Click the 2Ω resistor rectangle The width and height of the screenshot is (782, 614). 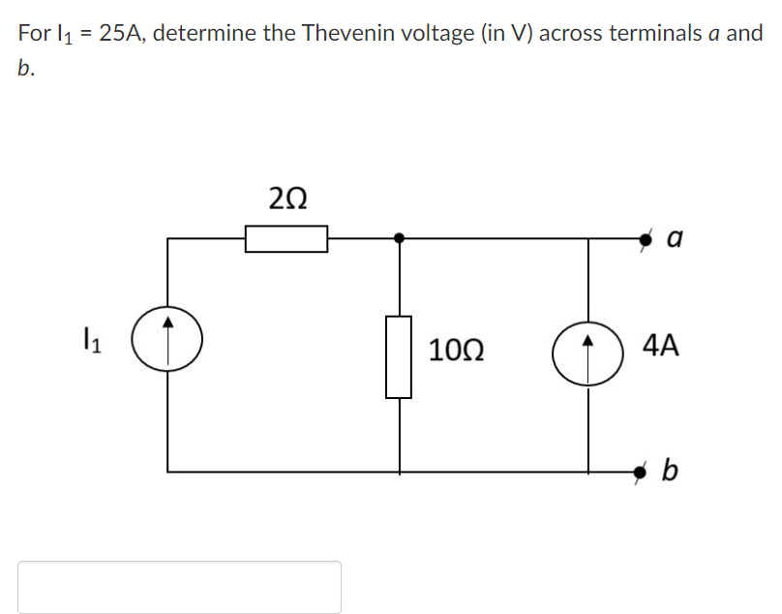pyautogui.click(x=286, y=238)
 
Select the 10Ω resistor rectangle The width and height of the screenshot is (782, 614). pyautogui.click(x=399, y=356)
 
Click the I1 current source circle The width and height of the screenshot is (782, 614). pyautogui.click(x=167, y=338)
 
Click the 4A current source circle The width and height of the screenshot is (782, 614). pyautogui.click(x=586, y=355)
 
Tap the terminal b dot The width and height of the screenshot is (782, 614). pyautogui.click(x=640, y=472)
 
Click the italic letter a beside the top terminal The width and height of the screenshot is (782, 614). pyautogui.click(x=676, y=237)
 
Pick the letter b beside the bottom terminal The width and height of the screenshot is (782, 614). pyautogui.click(x=670, y=472)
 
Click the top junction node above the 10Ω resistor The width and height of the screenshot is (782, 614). pyautogui.click(x=399, y=236)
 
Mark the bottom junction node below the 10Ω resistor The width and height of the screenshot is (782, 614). pyautogui.click(x=399, y=472)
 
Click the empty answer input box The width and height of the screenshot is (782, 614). pyautogui.click(x=179, y=586)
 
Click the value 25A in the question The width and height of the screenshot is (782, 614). pyautogui.click(x=121, y=33)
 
